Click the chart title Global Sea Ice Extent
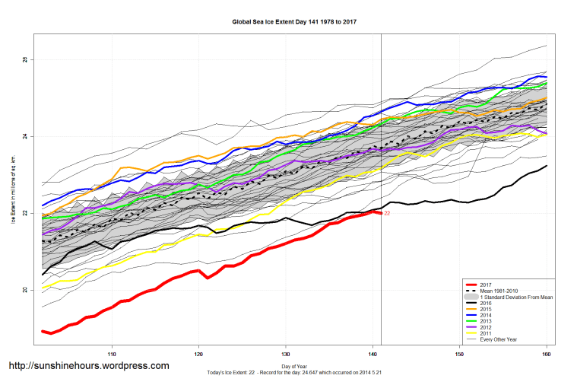[x=294, y=21]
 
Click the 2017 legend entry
[x=487, y=285]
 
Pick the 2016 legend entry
[x=487, y=303]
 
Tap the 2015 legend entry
[x=487, y=309]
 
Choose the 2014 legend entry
[x=487, y=315]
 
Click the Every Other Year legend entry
[x=499, y=339]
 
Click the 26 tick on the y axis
[x=24, y=59]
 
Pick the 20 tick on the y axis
[x=24, y=290]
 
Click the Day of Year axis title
[x=294, y=367]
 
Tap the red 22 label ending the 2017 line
[x=387, y=214]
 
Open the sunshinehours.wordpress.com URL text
[x=88, y=366]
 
